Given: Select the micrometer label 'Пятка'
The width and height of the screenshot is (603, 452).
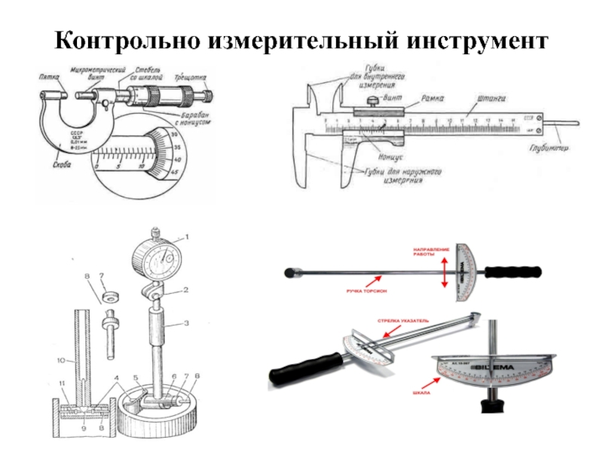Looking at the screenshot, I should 51,75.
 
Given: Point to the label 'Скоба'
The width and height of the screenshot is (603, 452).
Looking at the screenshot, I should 55,159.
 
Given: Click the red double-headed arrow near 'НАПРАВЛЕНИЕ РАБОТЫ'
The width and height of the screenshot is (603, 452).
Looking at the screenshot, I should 445,270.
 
